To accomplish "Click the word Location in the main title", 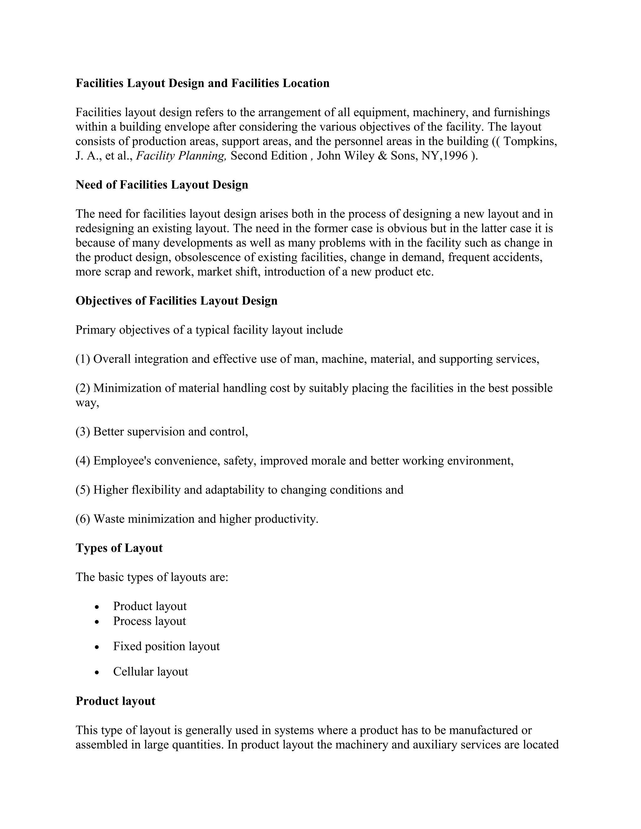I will pyautogui.click(x=306, y=83).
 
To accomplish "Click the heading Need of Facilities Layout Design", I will pyautogui.click(x=162, y=185).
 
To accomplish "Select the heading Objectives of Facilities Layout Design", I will pyautogui.click(x=176, y=301).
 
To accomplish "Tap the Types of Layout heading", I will pyautogui.click(x=119, y=548).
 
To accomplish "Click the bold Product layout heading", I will pyautogui.click(x=115, y=701).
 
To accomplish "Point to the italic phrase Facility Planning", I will pyautogui.click(x=181, y=156).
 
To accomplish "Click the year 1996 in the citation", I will pyautogui.click(x=455, y=156).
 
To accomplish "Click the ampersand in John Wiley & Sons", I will pyautogui.click(x=382, y=156).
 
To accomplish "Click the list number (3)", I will pyautogui.click(x=83, y=432).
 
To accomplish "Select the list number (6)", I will pyautogui.click(x=83, y=519).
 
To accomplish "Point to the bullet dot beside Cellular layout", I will pyautogui.click(x=97, y=672).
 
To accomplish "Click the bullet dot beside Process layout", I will pyautogui.click(x=97, y=622).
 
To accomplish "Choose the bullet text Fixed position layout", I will pyautogui.click(x=166, y=646).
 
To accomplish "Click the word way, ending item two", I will pyautogui.click(x=87, y=403).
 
